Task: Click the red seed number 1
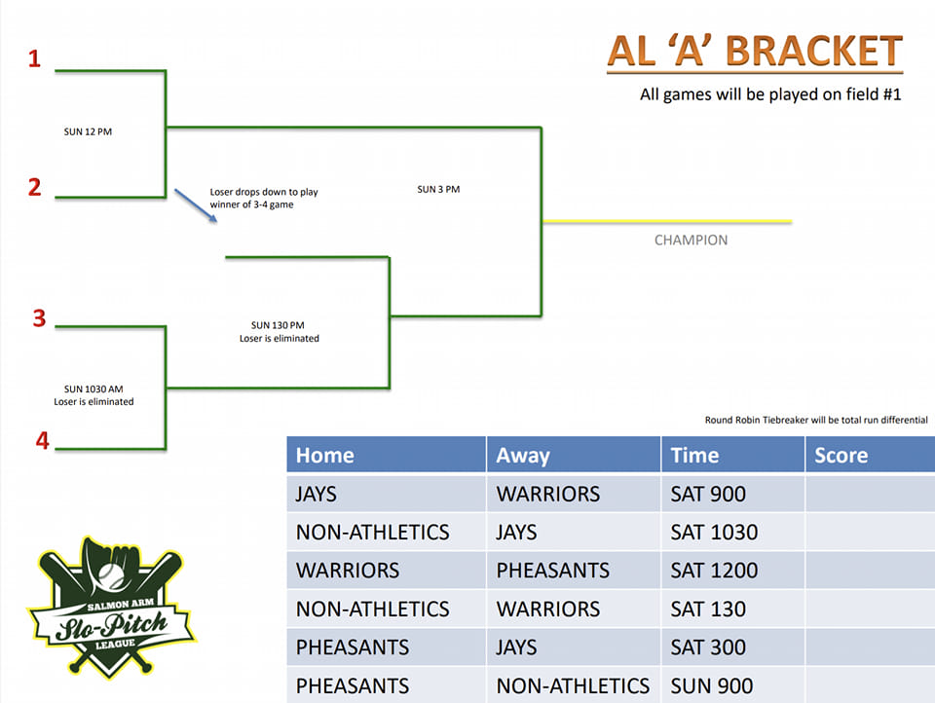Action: (34, 58)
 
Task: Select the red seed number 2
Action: (35, 187)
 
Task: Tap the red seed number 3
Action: (39, 317)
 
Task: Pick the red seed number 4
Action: (42, 441)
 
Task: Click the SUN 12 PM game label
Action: (88, 131)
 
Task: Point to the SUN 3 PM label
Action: (438, 189)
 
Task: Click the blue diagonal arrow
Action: (196, 205)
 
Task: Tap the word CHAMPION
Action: (691, 240)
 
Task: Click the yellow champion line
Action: (667, 221)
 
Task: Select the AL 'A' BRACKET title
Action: (754, 52)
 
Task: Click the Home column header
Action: (325, 456)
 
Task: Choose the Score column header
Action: (841, 456)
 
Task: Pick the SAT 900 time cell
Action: (708, 494)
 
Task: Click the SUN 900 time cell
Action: (711, 685)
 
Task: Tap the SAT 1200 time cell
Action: (714, 571)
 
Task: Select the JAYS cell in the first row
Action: (316, 494)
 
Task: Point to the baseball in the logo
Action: (111, 576)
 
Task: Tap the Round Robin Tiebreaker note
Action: (816, 420)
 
